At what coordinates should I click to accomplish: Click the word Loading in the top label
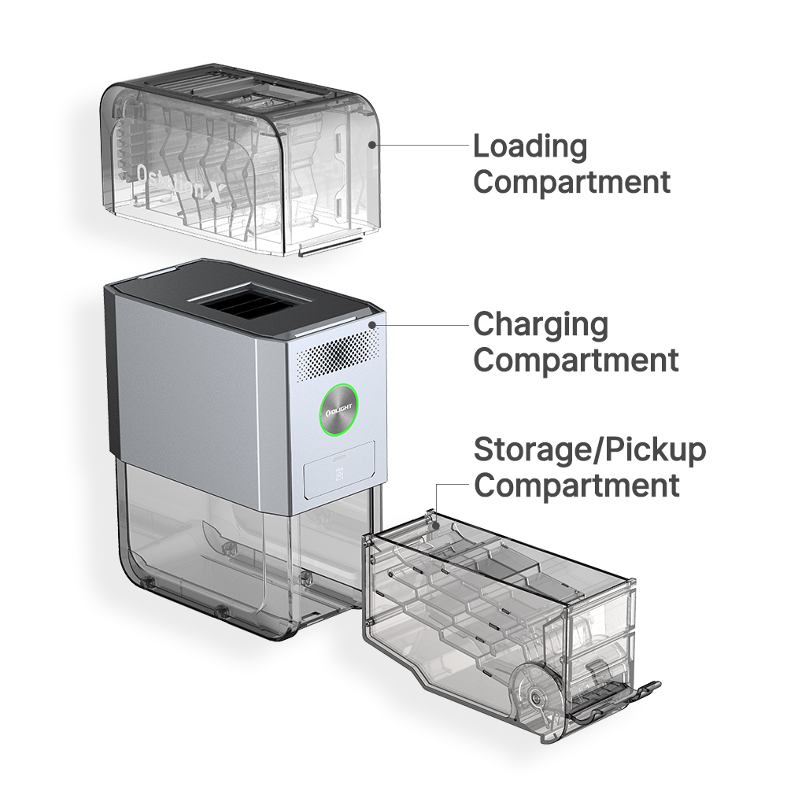(530, 146)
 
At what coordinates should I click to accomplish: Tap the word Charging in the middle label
(541, 325)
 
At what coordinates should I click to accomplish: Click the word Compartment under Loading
(571, 182)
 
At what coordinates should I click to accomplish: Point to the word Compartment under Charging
(576, 360)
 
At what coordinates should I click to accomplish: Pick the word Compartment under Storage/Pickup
(577, 485)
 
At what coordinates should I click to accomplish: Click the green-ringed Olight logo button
(338, 408)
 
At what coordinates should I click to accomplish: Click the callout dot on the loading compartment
(372, 145)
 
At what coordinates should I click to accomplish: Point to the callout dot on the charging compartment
(372, 325)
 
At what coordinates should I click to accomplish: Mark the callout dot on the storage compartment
(437, 525)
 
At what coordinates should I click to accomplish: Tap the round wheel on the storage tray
(536, 696)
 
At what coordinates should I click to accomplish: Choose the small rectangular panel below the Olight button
(339, 470)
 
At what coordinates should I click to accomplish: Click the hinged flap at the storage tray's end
(615, 702)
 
